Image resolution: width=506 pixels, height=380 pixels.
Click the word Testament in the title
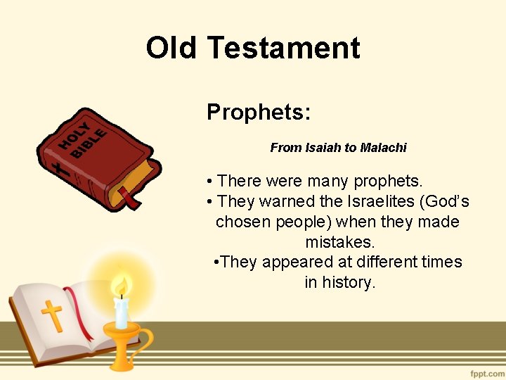(x=283, y=48)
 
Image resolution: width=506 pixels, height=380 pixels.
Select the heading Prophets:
(x=259, y=112)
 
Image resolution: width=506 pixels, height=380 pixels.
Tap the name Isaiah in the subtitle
(x=323, y=148)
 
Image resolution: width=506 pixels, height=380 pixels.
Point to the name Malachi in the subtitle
(x=383, y=148)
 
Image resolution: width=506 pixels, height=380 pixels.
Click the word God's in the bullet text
(x=444, y=202)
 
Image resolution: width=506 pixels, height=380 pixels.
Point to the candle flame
(x=122, y=286)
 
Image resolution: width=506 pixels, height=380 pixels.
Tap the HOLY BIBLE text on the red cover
(x=82, y=139)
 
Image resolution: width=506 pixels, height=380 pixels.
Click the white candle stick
(x=122, y=312)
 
